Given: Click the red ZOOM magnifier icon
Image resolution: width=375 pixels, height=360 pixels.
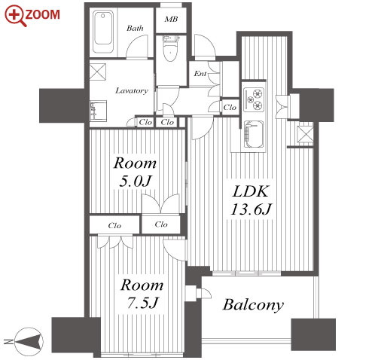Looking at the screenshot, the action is coord(16,16).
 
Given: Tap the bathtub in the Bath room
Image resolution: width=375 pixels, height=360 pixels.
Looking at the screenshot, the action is coord(103,32).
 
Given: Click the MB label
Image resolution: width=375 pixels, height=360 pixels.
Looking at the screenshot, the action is coord(171,19).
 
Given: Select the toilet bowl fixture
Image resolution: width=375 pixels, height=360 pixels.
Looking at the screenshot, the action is coord(170,49).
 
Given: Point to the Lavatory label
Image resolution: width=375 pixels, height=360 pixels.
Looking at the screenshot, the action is coord(132,90).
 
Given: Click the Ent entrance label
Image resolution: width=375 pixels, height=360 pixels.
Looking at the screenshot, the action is coord(200,74).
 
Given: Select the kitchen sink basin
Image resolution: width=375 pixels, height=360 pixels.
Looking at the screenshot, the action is coord(254,135).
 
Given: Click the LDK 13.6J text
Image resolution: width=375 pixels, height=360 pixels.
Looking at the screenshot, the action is coord(251,200).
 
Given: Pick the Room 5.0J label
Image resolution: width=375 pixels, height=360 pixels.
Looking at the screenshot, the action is coord(135,172).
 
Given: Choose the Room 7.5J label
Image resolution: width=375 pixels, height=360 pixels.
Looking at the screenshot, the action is coord(142,294).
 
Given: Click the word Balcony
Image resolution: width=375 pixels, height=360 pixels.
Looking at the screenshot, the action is coord(253,305).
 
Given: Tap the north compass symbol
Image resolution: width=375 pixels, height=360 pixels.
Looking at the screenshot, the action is coord(29,341).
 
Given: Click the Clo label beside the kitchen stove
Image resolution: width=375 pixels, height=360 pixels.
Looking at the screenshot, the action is coord(230,108).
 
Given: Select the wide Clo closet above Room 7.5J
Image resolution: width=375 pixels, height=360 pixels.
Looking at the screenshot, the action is coord(114,225).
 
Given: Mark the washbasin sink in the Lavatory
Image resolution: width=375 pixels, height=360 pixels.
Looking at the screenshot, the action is coord(99,111).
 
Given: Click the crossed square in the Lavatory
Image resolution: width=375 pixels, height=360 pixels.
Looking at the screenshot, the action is coord(98,72).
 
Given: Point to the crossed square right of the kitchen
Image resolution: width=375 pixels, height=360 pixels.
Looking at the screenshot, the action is coord(305,133).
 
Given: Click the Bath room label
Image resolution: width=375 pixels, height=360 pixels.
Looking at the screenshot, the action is coord(135,28).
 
